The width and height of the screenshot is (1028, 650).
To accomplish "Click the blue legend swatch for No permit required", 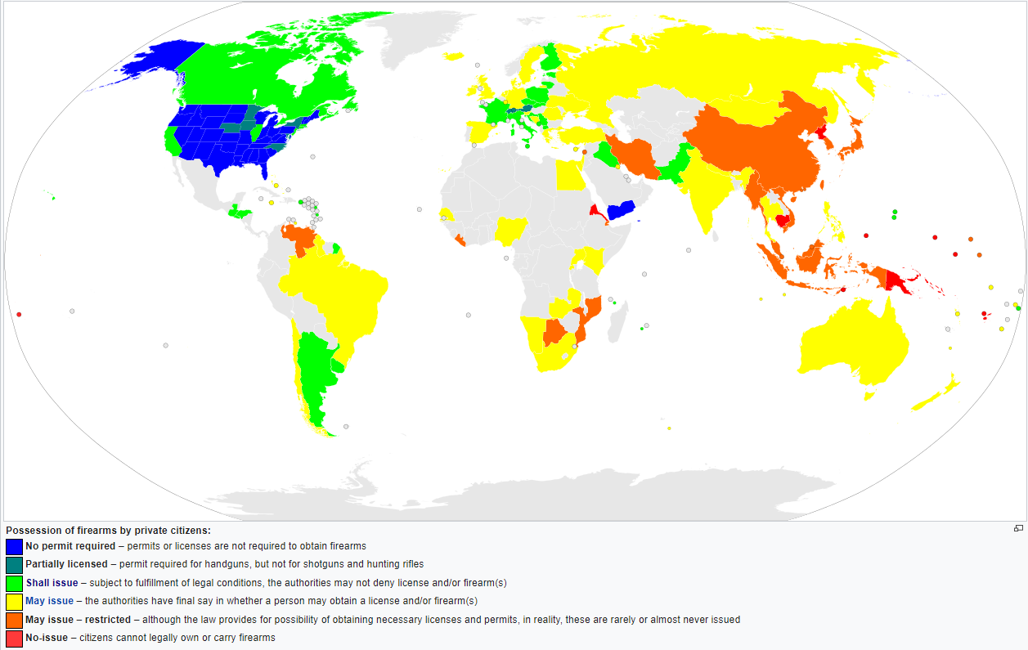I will (14, 546).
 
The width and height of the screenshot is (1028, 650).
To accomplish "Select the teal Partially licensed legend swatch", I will (14, 565).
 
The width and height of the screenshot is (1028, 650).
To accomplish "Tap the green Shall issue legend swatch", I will (14, 584).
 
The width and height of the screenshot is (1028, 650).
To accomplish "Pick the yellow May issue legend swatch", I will (14, 602).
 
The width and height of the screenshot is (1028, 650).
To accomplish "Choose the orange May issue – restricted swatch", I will (14, 621).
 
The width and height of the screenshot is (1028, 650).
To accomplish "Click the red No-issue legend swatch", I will (14, 639).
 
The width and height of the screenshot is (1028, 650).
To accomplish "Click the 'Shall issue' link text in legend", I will (52, 583).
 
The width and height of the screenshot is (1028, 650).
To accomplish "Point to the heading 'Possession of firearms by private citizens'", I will (108, 531).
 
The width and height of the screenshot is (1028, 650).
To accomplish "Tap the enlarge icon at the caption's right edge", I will (1018, 529).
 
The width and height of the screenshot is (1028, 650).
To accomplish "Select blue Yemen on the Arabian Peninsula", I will (622, 209).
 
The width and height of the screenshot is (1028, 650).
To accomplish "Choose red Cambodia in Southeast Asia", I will (784, 220).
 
